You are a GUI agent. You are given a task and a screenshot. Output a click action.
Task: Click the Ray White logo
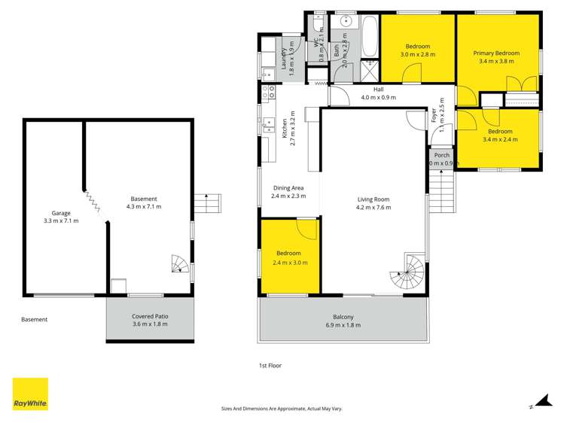pos(30,394)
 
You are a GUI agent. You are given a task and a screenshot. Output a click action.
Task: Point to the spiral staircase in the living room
pos(410,272)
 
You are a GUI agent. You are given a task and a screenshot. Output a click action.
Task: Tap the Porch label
pos(441,155)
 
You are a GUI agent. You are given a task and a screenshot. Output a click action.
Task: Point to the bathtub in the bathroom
pos(370,37)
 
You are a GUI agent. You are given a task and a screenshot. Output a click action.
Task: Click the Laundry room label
pos(285,58)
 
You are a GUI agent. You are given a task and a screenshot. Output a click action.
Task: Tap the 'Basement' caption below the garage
pos(34,320)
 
